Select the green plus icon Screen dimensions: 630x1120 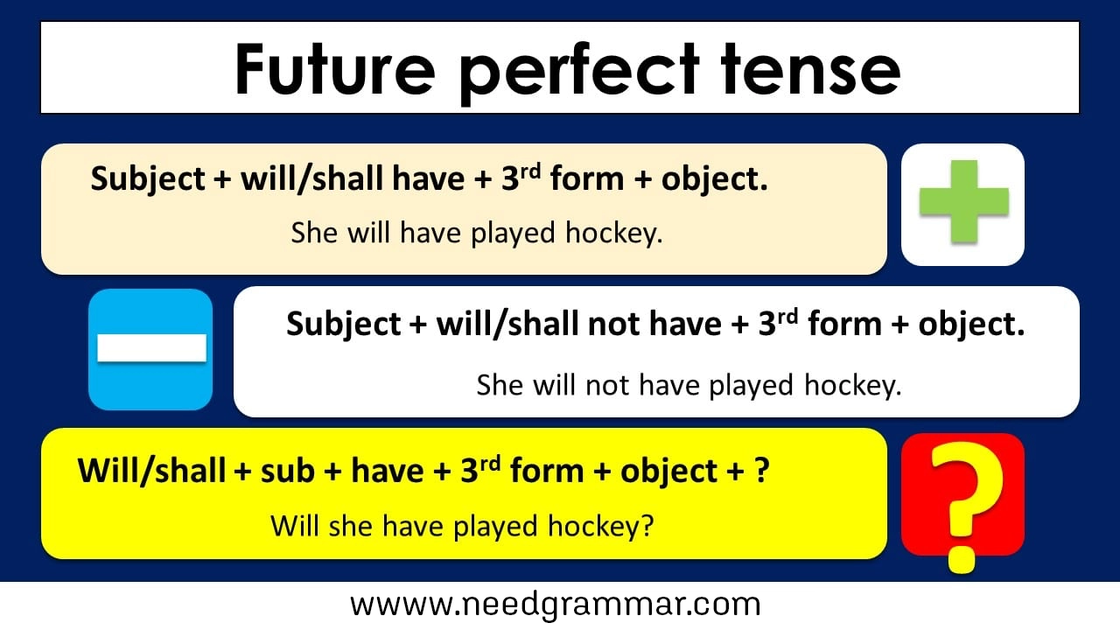pyautogui.click(x=963, y=202)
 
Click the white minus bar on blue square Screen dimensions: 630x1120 pyautogui.click(x=151, y=348)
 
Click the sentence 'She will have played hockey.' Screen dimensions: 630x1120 pyautogui.click(x=476, y=234)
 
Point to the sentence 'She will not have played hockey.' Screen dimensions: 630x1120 pyautogui.click(x=688, y=385)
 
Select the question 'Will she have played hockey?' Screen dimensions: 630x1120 pyautogui.click(x=462, y=526)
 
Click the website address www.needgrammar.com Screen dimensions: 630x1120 pyautogui.click(x=555, y=605)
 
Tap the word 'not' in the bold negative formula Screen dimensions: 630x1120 pyautogui.click(x=613, y=325)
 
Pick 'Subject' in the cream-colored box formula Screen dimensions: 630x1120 pyautogui.click(x=147, y=179)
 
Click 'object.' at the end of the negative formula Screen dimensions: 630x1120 pyautogui.click(x=970, y=325)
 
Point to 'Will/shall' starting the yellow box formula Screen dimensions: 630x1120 pyautogui.click(x=151, y=471)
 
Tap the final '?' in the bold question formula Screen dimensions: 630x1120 pyautogui.click(x=762, y=471)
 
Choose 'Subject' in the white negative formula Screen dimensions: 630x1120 pyautogui.click(x=343, y=325)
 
